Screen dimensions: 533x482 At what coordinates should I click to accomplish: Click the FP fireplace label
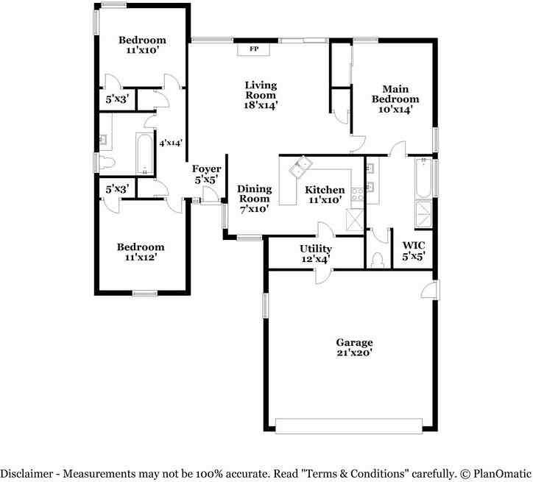254,49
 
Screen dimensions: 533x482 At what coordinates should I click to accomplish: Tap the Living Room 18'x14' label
261,95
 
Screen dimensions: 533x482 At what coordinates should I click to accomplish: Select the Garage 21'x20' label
354,347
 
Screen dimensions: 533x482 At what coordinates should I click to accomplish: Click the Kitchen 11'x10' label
325,194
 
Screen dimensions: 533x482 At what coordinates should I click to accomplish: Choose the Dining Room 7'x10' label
255,199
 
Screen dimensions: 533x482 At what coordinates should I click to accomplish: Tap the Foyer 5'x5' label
206,174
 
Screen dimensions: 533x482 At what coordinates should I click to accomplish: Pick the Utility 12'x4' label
315,254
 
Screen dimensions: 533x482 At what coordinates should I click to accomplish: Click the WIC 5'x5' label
414,251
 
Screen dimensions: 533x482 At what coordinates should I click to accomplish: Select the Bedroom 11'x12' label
141,252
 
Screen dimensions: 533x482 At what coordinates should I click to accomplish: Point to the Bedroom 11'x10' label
142,45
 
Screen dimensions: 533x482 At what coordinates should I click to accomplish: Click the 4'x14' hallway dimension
171,143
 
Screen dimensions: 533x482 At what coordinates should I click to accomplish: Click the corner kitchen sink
301,166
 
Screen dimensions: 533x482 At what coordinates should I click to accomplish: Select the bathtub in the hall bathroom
145,154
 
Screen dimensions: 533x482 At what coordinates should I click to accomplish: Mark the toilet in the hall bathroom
107,163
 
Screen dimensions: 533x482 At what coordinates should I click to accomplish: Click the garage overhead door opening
349,426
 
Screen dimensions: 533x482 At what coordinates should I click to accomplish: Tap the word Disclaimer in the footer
27,473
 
